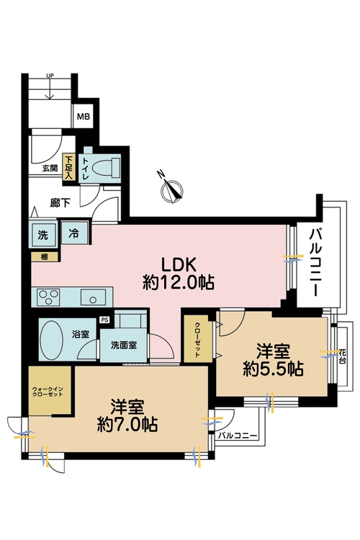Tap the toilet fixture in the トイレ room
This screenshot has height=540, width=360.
click(x=107, y=167)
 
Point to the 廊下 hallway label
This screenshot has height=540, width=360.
click(x=59, y=203)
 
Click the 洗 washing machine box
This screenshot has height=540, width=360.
click(x=42, y=234)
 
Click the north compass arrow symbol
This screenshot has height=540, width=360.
click(x=171, y=187)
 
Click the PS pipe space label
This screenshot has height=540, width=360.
click(x=104, y=320)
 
